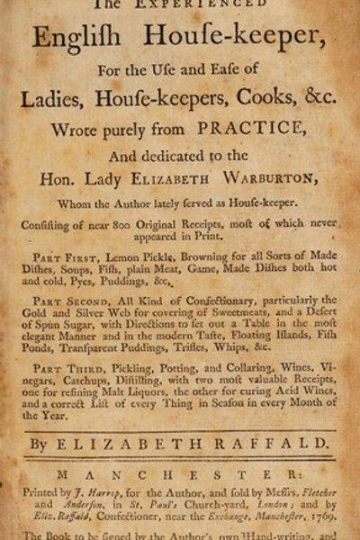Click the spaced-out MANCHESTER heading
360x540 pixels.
(181, 473)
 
